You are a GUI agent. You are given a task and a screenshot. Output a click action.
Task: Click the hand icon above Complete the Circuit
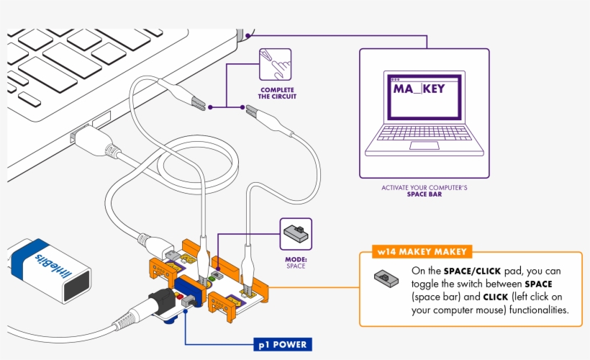click(275, 64)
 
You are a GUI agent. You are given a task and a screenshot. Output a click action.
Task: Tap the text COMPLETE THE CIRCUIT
click(277, 92)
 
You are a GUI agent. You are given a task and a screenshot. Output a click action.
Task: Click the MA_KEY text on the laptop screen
click(419, 89)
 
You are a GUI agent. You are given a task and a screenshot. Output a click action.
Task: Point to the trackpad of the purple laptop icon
click(423, 145)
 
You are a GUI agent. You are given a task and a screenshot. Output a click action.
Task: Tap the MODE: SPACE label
click(296, 262)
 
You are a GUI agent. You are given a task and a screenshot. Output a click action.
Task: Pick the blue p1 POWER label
click(281, 345)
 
